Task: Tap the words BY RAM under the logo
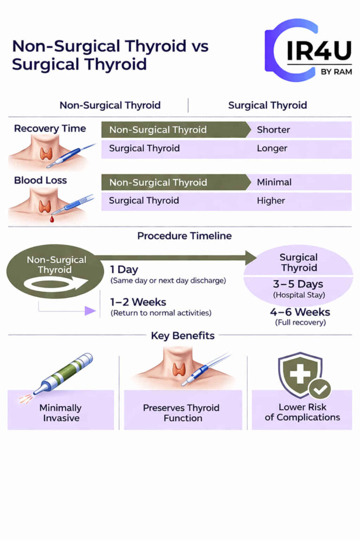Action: tap(336, 72)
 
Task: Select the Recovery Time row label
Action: tap(50, 128)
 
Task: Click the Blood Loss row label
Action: tap(40, 180)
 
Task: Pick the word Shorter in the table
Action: tap(273, 130)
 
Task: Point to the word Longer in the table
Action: tap(272, 149)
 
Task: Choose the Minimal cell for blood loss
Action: tap(274, 182)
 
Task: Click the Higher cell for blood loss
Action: tap(271, 201)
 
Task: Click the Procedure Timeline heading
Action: tap(184, 236)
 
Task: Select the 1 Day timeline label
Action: tap(124, 270)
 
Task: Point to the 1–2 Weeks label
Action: tap(138, 302)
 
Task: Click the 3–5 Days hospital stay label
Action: tap(299, 285)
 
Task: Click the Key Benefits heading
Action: tap(183, 336)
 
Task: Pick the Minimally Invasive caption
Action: tap(60, 412)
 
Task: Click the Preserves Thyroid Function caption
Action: tap(183, 412)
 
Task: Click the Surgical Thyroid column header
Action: tap(267, 105)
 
